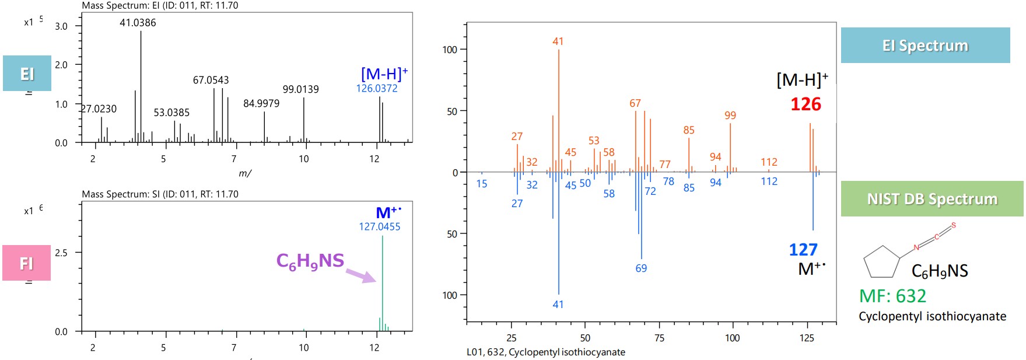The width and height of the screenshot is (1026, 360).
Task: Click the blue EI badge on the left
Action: click(27, 74)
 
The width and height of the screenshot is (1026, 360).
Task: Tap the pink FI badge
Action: click(26, 263)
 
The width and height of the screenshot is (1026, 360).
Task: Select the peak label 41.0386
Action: click(138, 23)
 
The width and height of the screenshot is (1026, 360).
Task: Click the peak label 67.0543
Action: click(211, 80)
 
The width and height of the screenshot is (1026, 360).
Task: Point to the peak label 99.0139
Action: click(300, 89)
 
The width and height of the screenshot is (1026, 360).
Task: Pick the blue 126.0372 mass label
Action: click(377, 89)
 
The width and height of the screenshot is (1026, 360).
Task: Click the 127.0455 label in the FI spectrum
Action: click(379, 227)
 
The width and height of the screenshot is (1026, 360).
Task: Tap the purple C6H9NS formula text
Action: click(310, 261)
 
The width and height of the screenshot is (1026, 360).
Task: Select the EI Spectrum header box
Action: click(925, 46)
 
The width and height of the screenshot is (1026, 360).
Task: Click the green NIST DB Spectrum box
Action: click(932, 199)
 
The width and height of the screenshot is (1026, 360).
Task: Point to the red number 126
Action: click(806, 104)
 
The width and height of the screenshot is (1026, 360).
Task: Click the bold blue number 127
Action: click(803, 250)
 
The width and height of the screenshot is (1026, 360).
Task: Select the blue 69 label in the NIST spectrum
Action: click(641, 268)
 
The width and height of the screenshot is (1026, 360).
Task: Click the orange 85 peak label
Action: click(689, 130)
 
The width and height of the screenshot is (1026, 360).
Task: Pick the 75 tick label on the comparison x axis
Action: click(659, 338)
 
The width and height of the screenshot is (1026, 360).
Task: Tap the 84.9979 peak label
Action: click(261, 104)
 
